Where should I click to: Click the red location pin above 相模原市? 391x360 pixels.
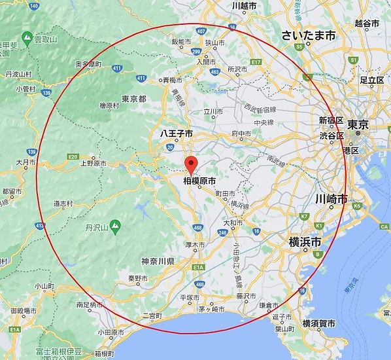pos(191,164)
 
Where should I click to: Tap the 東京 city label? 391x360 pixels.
pos(359,124)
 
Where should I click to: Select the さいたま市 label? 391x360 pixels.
pos(308,35)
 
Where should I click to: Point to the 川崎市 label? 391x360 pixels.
pos(331,198)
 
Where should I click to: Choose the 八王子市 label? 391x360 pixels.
pos(177,133)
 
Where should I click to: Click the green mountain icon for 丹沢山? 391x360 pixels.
pos(116,226)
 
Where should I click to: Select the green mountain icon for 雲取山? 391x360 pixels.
pos(27,39)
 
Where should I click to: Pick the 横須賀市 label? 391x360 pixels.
pos(318,324)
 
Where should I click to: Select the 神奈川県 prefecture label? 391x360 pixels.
pos(158,261)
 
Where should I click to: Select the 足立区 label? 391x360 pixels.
pos(371,80)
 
